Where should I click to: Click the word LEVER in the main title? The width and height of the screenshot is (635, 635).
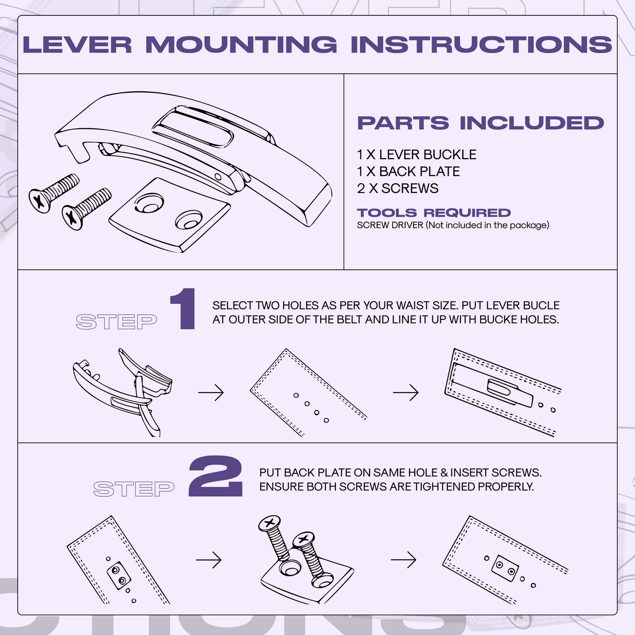(77, 45)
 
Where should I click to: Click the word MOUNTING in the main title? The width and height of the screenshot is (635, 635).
(241, 45)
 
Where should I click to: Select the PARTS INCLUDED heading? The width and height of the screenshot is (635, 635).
(480, 123)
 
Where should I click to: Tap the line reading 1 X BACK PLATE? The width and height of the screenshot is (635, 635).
(408, 171)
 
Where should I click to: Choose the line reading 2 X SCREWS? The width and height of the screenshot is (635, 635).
(398, 189)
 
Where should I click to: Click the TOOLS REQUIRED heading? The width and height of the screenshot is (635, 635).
(434, 213)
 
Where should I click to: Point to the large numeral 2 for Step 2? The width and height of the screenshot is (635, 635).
(216, 477)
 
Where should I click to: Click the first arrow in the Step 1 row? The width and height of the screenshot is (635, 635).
(211, 392)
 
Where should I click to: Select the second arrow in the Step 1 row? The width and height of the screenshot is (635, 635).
(406, 392)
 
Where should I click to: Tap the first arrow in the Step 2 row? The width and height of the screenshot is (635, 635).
(209, 560)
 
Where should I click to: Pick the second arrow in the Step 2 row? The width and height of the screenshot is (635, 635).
(403, 560)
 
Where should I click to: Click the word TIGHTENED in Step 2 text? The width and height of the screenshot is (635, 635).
(444, 487)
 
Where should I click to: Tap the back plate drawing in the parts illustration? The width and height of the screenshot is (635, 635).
(169, 215)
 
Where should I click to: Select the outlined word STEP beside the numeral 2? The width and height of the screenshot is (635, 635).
(134, 489)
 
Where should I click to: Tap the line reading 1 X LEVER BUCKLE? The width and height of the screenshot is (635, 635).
(417, 155)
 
